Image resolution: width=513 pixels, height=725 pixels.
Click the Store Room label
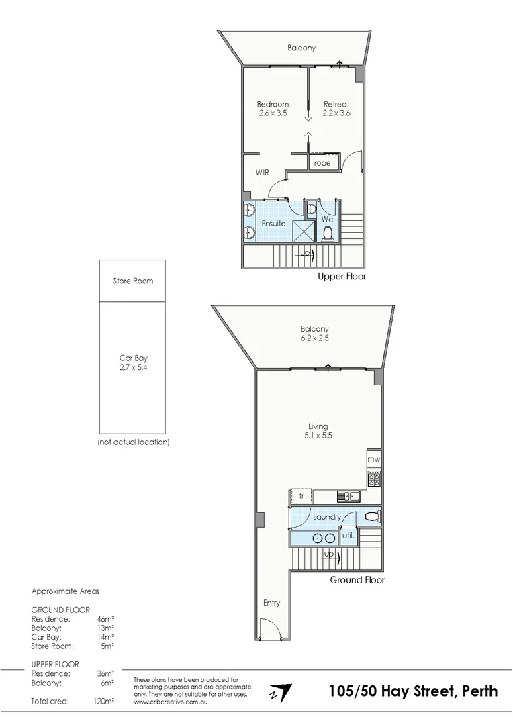[132, 281]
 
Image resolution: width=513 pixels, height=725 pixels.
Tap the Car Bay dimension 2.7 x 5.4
[132, 368]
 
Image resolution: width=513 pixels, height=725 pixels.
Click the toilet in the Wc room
[328, 233]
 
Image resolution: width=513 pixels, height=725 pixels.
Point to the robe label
[322, 162]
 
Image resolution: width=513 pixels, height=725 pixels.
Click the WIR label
[263, 173]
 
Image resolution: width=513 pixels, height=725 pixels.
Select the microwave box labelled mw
[374, 459]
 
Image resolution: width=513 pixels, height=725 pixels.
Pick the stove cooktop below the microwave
[374, 478]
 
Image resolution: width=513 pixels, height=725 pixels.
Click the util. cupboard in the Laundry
[348, 536]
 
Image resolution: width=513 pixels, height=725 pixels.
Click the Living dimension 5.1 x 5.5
[318, 436]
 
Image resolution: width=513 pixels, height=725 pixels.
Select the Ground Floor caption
[357, 579]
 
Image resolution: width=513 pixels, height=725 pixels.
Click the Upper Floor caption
[342, 276]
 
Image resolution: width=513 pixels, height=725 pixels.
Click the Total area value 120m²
[103, 701]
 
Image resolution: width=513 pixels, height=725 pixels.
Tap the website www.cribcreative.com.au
[171, 702]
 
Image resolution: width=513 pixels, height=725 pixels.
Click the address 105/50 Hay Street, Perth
[414, 691]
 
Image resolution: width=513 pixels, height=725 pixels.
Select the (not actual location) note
[133, 442]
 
